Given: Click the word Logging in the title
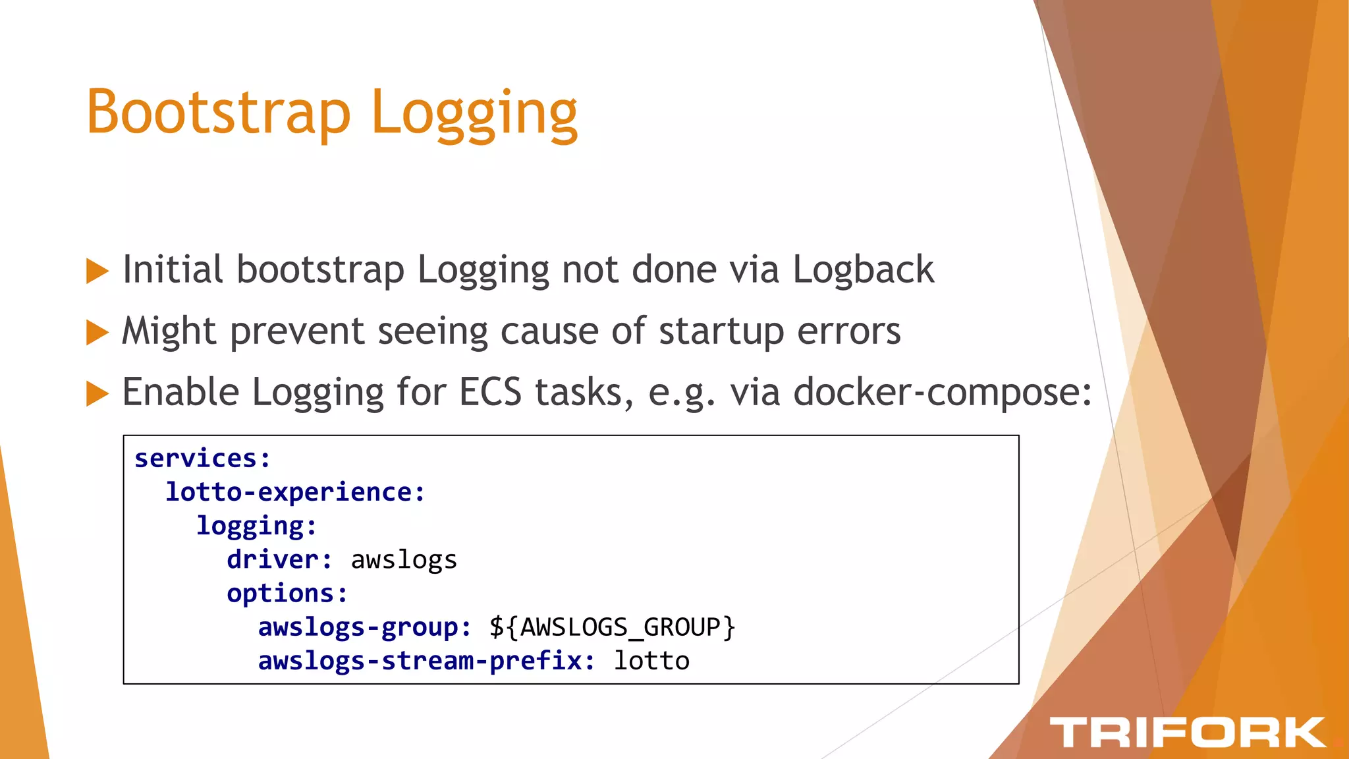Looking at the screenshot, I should click(x=474, y=113).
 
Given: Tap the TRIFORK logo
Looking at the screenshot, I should click(x=1187, y=733).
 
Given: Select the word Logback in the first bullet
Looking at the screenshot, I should click(x=863, y=269).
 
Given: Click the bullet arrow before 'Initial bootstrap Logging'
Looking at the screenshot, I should click(x=97, y=271).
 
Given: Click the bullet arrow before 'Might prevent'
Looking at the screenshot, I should click(x=97, y=332).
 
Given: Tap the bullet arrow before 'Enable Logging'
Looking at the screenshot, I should click(x=97, y=393).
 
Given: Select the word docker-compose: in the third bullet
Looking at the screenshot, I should click(x=943, y=393).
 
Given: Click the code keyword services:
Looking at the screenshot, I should click(x=202, y=458).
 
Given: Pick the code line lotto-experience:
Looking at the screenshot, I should click(x=295, y=492).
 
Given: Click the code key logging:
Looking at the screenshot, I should click(x=257, y=526).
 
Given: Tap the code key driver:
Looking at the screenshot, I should click(x=280, y=559).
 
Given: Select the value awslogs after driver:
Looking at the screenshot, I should click(x=404, y=560).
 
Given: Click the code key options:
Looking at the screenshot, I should click(x=287, y=594).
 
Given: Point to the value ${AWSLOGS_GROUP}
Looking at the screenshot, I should click(x=612, y=627).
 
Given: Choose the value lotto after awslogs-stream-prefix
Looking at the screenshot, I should click(x=651, y=661).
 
